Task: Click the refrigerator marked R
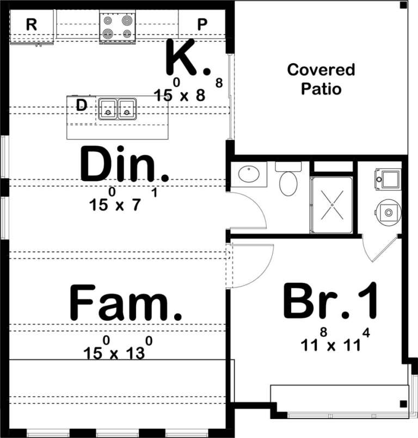(x=32, y=25)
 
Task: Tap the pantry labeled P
(x=202, y=25)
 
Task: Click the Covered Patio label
(x=321, y=78)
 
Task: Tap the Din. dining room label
(x=125, y=164)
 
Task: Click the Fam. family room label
(x=125, y=303)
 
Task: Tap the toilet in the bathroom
(x=288, y=181)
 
